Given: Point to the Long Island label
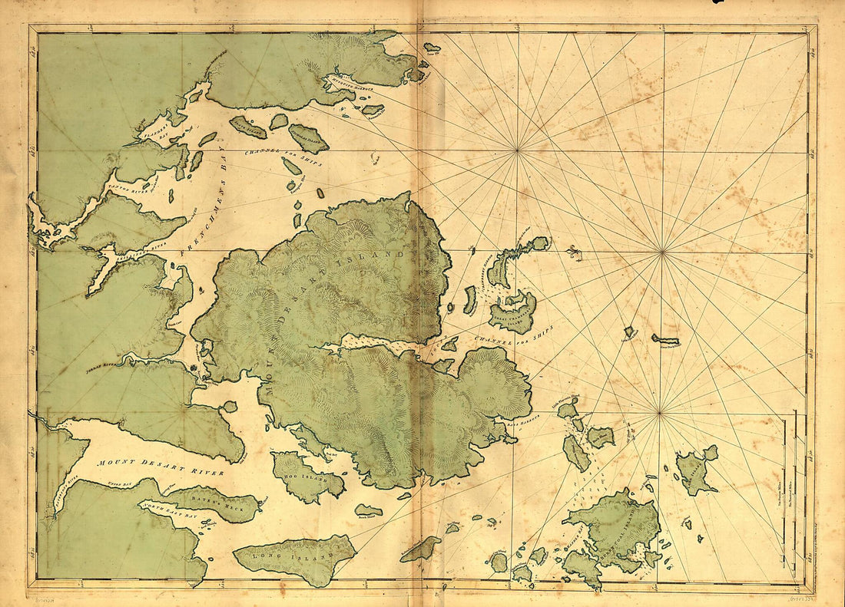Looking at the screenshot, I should pos(297,554).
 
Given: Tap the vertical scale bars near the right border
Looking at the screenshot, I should pos(795,491).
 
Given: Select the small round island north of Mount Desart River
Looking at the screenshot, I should pos(229,407).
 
